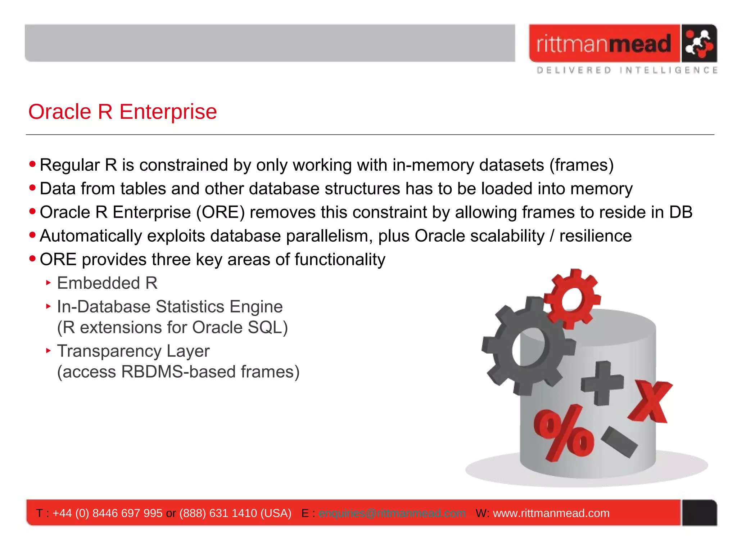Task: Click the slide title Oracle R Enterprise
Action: pos(122,112)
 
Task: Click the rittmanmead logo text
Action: pos(603,44)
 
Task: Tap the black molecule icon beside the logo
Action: pos(698,44)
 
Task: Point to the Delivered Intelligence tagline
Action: pos(627,70)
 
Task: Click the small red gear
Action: pos(572,298)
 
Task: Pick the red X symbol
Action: pos(651,401)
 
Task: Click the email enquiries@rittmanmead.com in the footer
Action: pos(392,513)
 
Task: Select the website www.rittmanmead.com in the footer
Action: pos(551,513)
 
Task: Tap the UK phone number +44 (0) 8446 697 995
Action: pos(107,513)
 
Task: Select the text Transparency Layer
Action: pos(133,351)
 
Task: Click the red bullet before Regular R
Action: pos(33,165)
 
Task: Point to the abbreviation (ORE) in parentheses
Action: pos(220,212)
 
